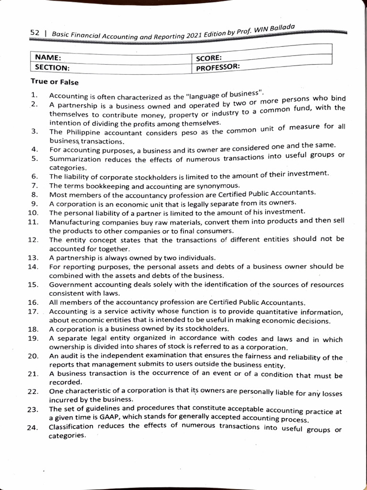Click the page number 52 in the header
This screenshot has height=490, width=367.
point(34,33)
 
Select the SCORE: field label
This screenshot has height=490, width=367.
point(209,58)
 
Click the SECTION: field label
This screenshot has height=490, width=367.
point(53,68)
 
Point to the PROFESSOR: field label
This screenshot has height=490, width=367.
point(218,67)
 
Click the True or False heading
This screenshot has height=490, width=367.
point(54,82)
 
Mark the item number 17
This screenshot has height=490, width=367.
point(33,312)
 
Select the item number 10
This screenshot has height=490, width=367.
point(33,212)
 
